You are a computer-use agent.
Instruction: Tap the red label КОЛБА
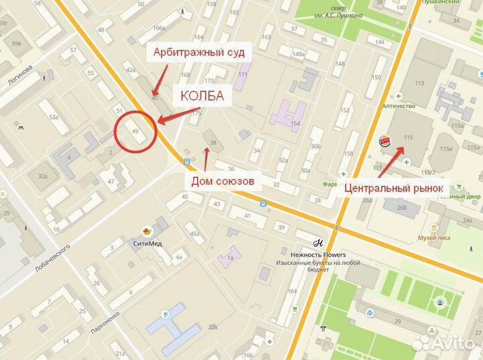(201, 97)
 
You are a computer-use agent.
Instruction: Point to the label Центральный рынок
(394, 188)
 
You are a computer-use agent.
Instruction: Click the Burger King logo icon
(384, 141)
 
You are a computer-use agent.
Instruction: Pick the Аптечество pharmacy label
(398, 105)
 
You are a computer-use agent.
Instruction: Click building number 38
(213, 142)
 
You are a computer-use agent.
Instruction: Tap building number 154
(294, 124)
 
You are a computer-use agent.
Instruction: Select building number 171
(242, 74)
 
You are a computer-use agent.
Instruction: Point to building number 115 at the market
(407, 137)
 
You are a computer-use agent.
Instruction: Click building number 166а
(159, 27)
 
